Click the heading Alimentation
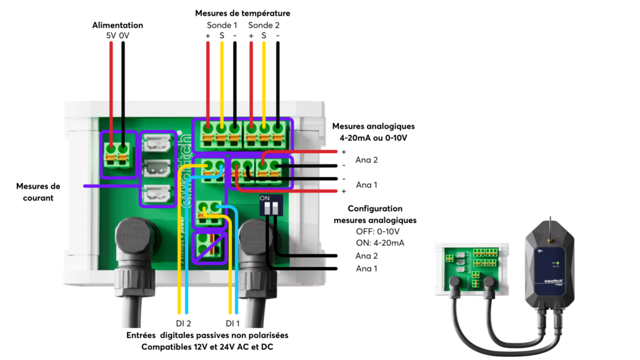117,25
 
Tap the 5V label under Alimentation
111,36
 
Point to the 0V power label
124,36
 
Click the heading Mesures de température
242,13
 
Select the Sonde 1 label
222,26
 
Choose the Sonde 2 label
264,26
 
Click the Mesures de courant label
38,192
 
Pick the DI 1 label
233,323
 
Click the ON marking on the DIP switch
264,197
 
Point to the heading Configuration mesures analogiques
375,214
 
